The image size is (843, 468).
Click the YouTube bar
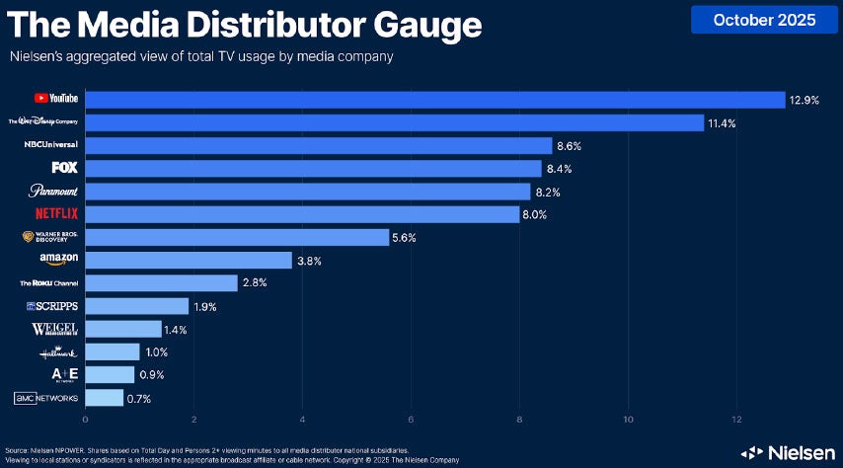click(434, 99)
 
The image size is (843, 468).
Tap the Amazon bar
click(189, 260)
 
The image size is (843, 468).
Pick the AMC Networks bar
click(104, 398)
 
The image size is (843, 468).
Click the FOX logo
click(65, 167)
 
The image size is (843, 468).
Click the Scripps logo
click(55, 306)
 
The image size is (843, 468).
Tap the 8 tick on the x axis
click(520, 420)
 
